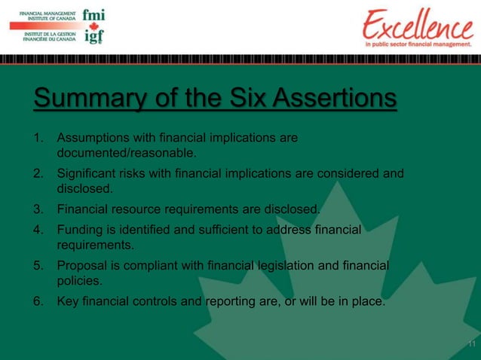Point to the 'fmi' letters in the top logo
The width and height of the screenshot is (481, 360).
[93, 14]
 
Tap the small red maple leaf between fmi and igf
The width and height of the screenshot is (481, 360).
[93, 26]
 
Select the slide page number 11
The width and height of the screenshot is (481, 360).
[471, 345]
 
